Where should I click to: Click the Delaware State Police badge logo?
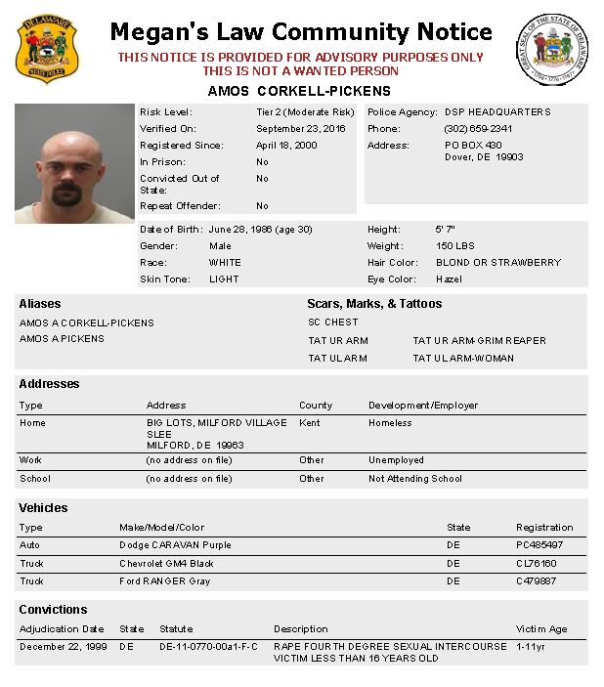point(47,50)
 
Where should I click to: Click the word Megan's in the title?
point(156,33)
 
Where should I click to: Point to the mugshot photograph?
point(74,163)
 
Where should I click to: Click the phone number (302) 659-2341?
point(479,129)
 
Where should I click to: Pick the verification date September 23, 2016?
point(301,129)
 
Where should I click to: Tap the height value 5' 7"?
point(446,230)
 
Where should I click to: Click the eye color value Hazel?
point(450,279)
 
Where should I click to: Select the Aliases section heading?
point(40,304)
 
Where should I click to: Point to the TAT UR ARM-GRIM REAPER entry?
point(479,341)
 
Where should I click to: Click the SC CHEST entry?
point(333,322)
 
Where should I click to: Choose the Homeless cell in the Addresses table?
point(390,423)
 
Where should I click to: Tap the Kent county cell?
point(309,423)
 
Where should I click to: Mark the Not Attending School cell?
point(415,479)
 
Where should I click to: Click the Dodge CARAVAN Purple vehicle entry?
point(175,545)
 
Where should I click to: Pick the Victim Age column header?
point(541,629)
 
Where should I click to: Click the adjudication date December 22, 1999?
point(62,647)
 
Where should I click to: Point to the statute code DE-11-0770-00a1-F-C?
point(209,647)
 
